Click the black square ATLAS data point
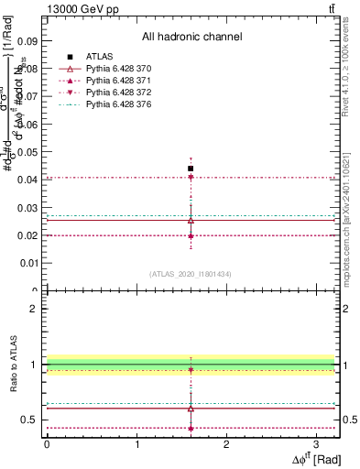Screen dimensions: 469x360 pos(191,169)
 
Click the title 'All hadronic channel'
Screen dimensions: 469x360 pos(191,38)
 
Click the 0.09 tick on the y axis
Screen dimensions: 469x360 pos(30,41)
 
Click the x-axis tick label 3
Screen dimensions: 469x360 pos(317,444)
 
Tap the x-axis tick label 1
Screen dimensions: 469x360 pos(136,444)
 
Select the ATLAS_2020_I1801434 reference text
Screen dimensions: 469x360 pos(191,275)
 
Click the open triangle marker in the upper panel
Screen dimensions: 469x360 pos(191,220)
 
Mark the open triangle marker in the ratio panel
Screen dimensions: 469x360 pos(191,408)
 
